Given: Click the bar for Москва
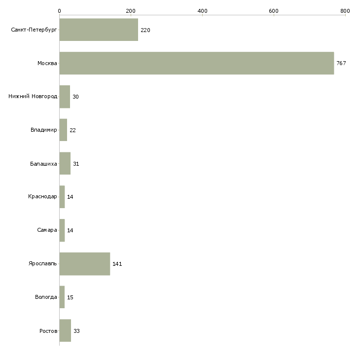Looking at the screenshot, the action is point(197,63).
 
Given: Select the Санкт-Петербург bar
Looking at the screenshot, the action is point(99,30).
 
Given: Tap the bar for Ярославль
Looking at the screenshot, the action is point(85,264).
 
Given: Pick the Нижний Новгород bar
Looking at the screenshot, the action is point(65,97).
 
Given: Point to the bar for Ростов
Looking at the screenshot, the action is point(65,330).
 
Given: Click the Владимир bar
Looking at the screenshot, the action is point(63,130).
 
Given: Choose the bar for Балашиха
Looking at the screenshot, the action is point(65,163).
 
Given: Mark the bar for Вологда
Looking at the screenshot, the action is point(62,297).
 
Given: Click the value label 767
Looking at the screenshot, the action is point(341,63).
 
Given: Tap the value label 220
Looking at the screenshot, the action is point(145,30).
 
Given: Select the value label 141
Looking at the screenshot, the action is point(117,264).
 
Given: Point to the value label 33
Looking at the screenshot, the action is point(76,331).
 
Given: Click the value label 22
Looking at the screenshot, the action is point(72,130).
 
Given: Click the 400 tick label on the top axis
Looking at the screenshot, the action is point(202,11).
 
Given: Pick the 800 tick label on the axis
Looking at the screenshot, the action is point(345,11).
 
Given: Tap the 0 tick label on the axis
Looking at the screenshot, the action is point(60,11).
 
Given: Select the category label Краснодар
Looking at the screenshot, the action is point(42,197).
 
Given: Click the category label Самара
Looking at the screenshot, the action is point(47,230).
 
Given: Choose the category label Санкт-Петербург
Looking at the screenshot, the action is point(34,30).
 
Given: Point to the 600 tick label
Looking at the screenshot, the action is point(274,11).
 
